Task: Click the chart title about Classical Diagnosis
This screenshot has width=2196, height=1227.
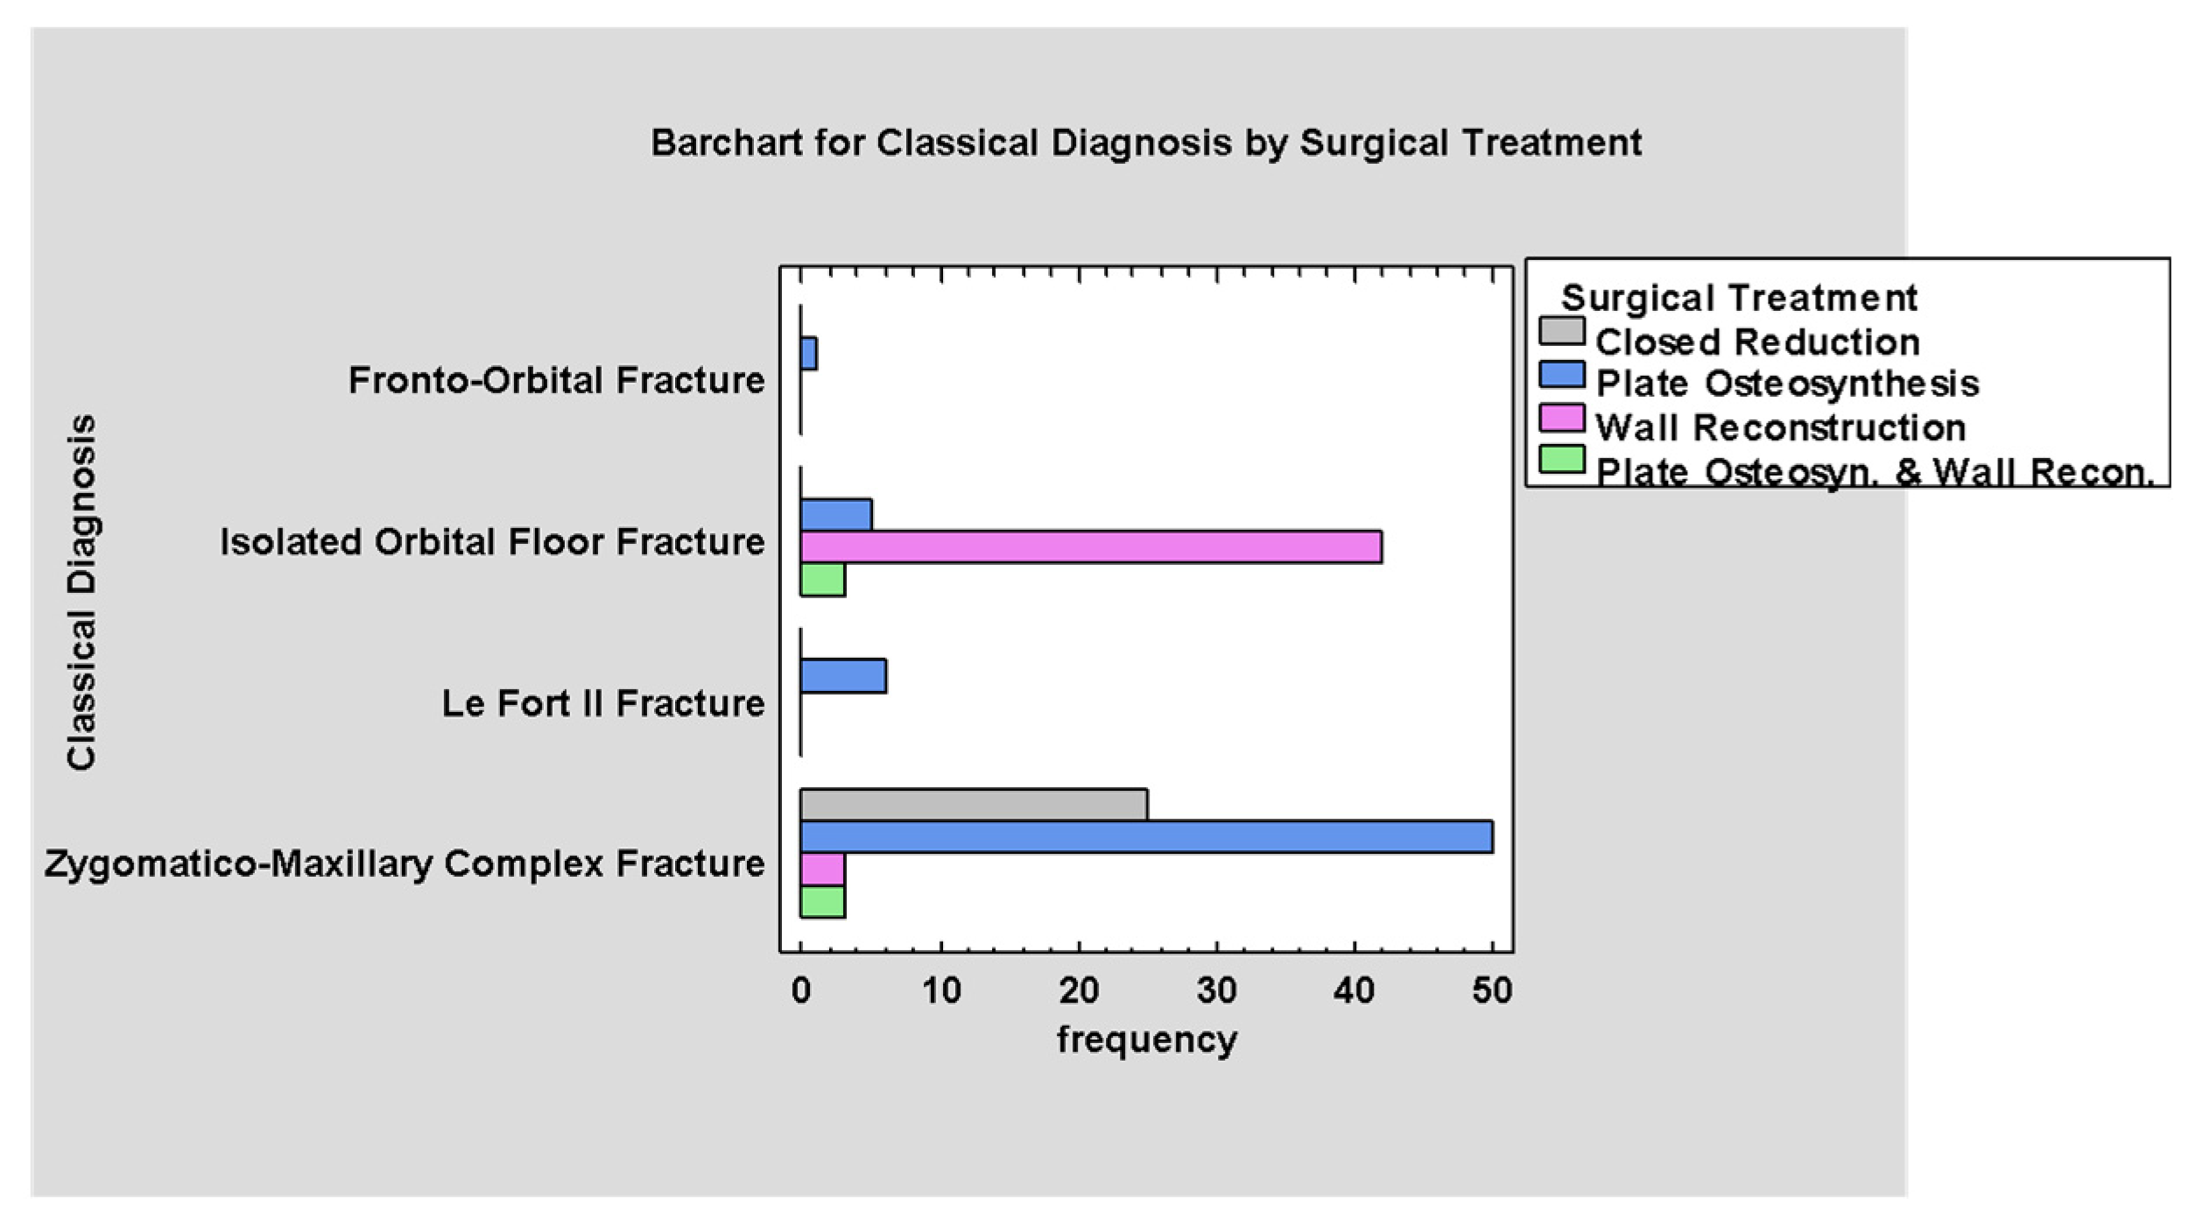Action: pos(1145,143)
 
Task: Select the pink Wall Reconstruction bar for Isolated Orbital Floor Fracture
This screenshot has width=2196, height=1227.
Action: pos(1091,547)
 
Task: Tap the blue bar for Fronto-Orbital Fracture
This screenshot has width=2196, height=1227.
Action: pos(808,354)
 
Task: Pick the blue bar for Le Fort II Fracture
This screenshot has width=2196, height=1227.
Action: pos(843,676)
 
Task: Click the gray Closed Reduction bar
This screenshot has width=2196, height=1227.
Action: pos(974,805)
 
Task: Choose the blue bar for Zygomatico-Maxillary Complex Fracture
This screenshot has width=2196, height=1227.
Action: pos(1146,836)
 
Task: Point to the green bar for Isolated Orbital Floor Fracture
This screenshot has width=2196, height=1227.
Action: pos(822,580)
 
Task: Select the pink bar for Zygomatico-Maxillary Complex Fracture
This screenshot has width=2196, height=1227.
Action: pos(822,869)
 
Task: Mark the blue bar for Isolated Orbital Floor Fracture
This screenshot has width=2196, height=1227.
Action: pos(836,515)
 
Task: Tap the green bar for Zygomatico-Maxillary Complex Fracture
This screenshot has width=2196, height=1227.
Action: pos(822,901)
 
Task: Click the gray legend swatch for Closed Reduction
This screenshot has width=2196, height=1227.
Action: pos(1562,331)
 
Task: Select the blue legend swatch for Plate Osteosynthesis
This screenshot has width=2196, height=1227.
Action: pos(1562,375)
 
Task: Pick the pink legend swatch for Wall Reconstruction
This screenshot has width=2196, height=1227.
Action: pos(1562,418)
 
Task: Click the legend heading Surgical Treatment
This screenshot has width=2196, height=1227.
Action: pos(1739,298)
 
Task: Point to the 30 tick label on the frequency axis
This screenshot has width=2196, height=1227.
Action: pos(1216,991)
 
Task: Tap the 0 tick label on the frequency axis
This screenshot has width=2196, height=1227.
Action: pos(801,991)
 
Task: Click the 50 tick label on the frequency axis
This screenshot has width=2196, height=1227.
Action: pos(1492,991)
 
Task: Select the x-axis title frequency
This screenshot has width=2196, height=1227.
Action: pos(1147,1040)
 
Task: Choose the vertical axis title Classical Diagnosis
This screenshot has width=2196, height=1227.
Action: pos(81,592)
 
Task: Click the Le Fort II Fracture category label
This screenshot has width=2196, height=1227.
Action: pos(603,703)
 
